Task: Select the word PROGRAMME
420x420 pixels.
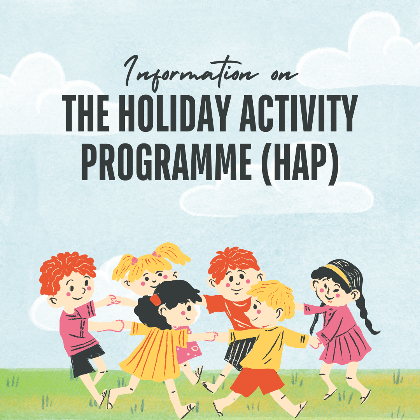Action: [166, 162]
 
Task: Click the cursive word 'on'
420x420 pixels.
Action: [284, 75]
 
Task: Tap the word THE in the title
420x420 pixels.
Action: [86, 113]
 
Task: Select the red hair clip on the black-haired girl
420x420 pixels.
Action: [155, 300]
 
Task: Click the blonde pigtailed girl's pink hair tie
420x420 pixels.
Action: [134, 259]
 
